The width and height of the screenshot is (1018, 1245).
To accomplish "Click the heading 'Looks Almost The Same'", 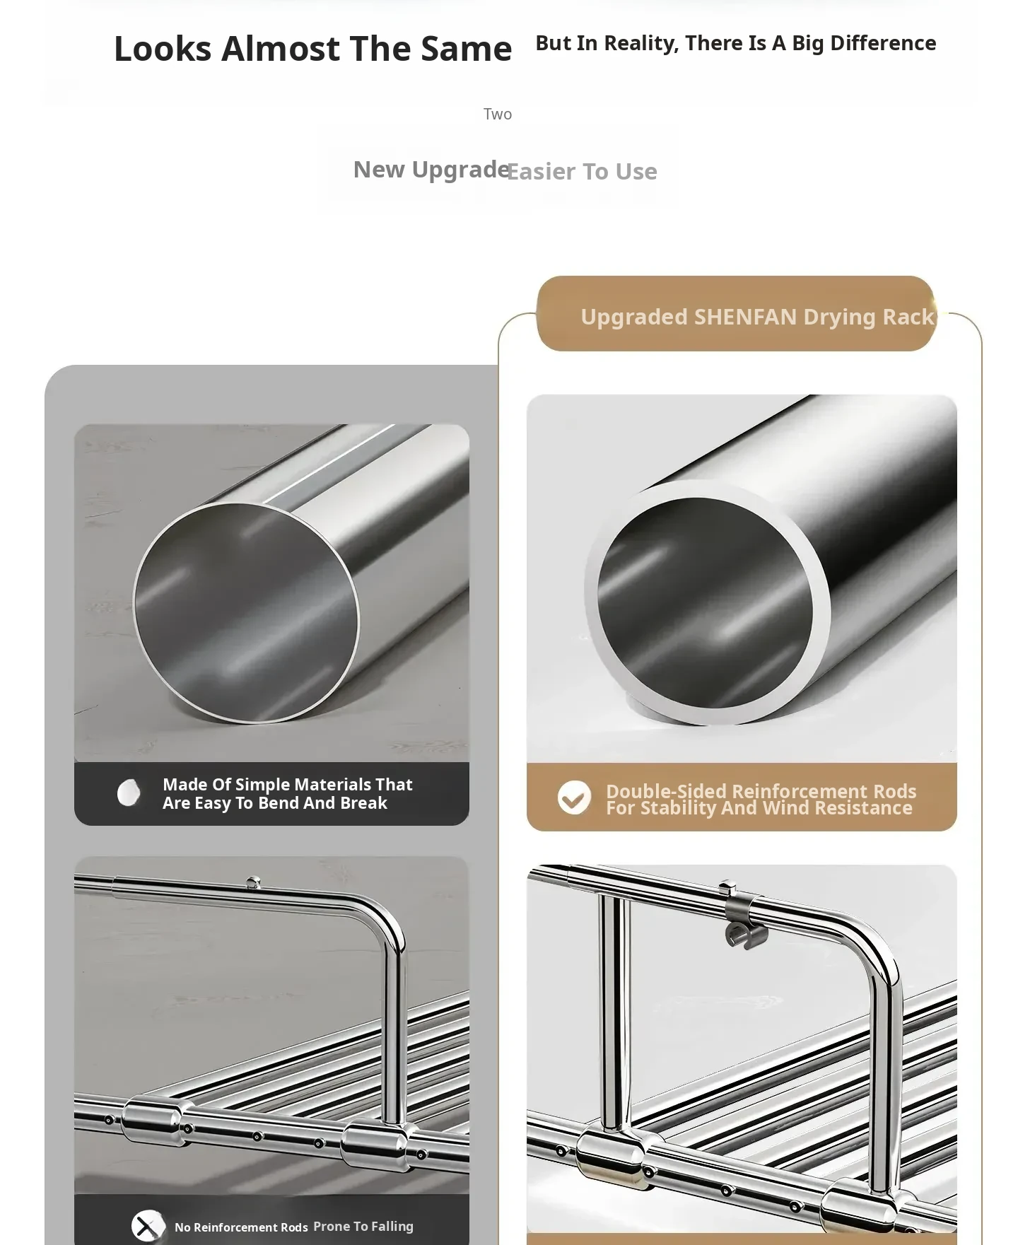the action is (312, 49).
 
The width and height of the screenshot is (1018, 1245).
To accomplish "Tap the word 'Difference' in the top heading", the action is (883, 43).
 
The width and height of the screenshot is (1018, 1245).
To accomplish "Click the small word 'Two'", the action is (498, 114).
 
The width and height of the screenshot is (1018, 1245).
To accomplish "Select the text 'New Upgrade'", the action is (431, 170).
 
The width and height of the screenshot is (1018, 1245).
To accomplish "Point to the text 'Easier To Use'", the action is (582, 172).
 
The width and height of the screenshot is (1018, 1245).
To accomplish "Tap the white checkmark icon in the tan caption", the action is (574, 798).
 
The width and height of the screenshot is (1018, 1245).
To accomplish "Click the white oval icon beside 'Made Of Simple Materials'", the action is (129, 793).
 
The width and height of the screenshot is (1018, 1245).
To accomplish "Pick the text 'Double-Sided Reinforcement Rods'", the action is (761, 791).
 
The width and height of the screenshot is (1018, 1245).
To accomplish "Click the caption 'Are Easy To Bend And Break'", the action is (275, 803).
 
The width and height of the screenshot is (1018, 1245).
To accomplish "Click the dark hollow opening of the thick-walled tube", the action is (705, 602).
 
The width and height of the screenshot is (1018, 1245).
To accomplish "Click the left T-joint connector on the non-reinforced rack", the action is (150, 1121).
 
